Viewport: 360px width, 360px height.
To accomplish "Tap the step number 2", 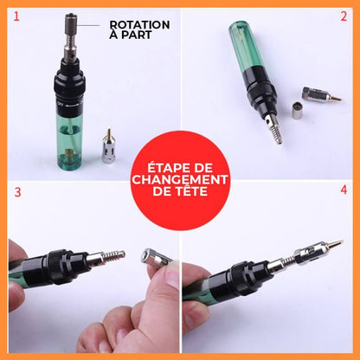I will click(x=344, y=15).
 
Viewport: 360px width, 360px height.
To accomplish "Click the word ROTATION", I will click(x=139, y=25).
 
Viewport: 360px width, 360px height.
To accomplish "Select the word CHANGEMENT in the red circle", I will click(x=180, y=179).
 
